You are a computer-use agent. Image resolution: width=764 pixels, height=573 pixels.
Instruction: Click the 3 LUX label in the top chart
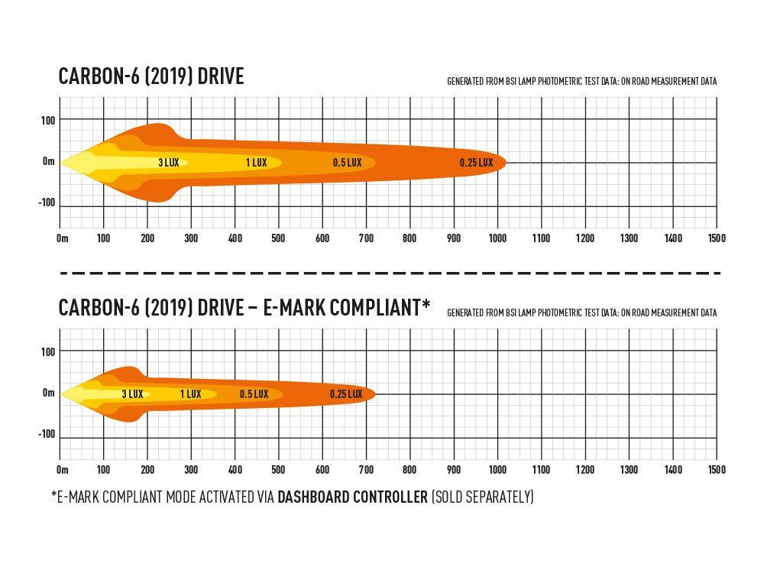[168, 163]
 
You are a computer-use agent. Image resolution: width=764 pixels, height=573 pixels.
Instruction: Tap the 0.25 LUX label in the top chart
[476, 163]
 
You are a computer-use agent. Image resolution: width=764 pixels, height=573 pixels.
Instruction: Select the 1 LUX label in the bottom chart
[190, 394]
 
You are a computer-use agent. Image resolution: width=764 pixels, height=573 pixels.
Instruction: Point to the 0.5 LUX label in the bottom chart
[254, 394]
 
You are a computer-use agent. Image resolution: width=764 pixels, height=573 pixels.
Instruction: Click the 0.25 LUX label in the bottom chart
[345, 394]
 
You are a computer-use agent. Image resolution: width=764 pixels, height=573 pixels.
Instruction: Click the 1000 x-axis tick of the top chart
[497, 238]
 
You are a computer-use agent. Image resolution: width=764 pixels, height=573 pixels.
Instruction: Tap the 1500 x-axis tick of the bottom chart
[716, 470]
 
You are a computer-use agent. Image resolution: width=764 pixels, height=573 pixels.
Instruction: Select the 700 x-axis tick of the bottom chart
[366, 470]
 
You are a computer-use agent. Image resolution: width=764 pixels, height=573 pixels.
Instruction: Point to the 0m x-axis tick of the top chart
[63, 238]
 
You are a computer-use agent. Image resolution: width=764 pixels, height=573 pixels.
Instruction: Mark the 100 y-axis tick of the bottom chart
[48, 351]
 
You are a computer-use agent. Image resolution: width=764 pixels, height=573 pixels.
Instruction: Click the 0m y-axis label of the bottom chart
[49, 393]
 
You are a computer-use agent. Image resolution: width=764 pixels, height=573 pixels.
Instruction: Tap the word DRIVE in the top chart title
[219, 76]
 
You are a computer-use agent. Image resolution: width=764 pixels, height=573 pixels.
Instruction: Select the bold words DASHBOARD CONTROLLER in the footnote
[352, 497]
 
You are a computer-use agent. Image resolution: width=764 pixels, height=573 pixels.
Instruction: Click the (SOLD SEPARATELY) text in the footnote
[482, 497]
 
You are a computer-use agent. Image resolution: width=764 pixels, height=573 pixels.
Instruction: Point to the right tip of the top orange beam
[506, 162]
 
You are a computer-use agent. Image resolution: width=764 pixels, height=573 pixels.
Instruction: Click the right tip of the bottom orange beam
[375, 394]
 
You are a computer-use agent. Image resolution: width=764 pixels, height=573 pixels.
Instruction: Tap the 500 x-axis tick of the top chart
[278, 238]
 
